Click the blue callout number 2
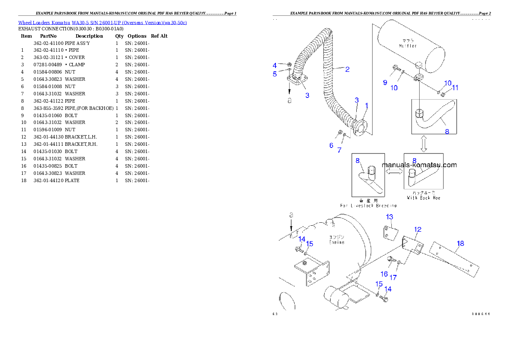pos(347,69)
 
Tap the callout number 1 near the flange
pos(366,105)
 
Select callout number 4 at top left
pos(275,65)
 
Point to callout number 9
pos(385,82)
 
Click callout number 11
pos(455,87)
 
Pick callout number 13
pos(389,217)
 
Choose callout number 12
pos(417,230)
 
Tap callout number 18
pos(460,244)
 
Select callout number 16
pos(384,274)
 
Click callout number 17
pos(393,277)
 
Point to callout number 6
pos(331,145)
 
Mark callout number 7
pos(339,150)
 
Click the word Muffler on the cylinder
pos(408,46)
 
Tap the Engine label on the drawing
pos(337,242)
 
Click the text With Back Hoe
pos(423,198)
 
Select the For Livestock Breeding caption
pos(368,206)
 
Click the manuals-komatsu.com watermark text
pos(419,165)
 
